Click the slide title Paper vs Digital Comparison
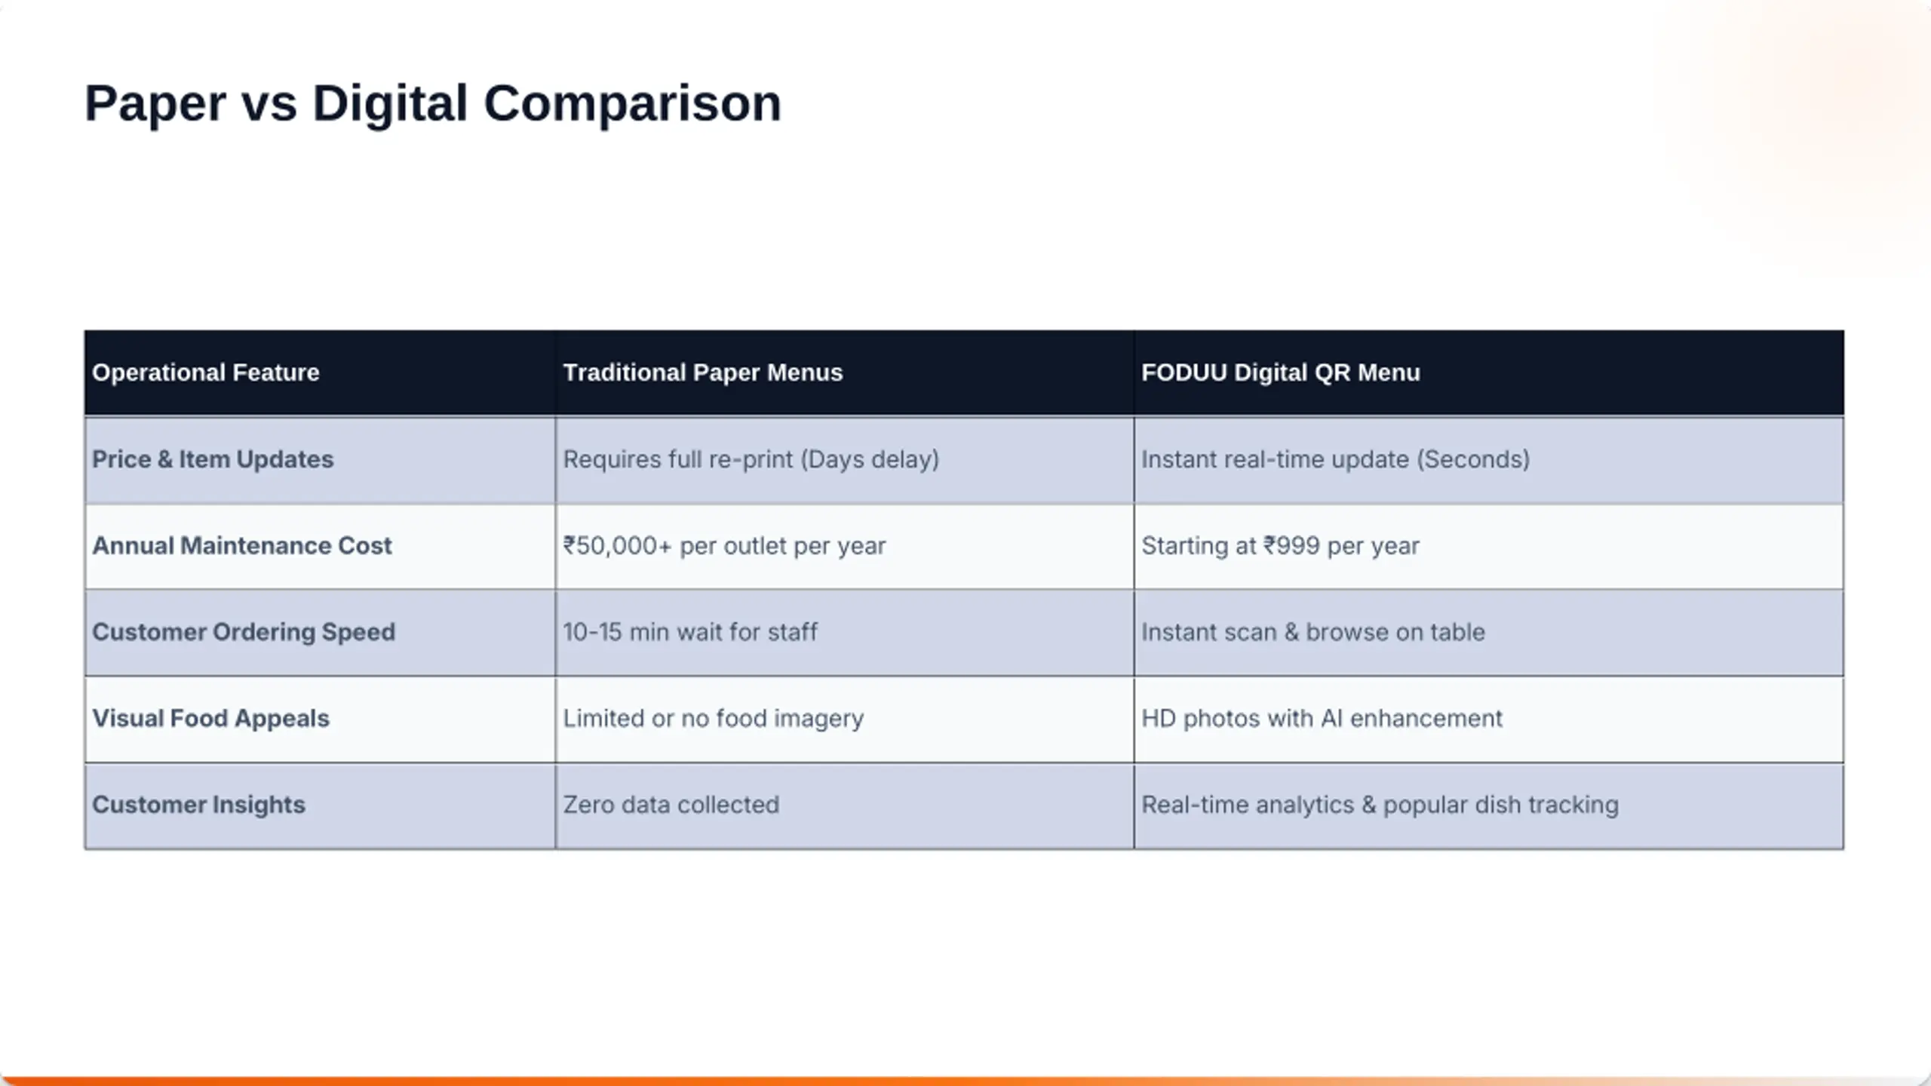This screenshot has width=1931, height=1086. click(x=433, y=104)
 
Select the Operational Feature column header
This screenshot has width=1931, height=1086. click(x=206, y=373)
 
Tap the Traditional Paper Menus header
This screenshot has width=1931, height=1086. click(x=703, y=373)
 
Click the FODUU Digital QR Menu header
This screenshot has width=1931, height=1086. click(x=1281, y=373)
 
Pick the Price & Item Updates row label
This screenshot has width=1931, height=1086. click(x=213, y=459)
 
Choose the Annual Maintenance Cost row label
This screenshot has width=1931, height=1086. click(x=242, y=545)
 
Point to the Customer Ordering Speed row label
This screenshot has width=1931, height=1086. click(x=244, y=632)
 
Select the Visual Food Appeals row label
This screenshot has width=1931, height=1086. click(x=211, y=718)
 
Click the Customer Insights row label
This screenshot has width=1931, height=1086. click(x=199, y=805)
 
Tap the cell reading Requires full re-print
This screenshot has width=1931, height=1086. click(x=751, y=459)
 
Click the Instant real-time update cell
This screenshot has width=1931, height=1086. click(x=1336, y=459)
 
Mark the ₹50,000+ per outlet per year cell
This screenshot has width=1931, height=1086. click(x=725, y=546)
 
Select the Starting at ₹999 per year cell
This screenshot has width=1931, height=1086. click(x=1281, y=546)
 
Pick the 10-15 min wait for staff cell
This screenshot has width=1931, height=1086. click(x=690, y=632)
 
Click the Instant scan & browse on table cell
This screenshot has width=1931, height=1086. click(x=1313, y=632)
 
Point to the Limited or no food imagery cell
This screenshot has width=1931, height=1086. click(x=714, y=719)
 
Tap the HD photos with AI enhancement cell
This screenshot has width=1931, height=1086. click(x=1322, y=719)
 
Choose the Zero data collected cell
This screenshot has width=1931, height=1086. click(x=671, y=805)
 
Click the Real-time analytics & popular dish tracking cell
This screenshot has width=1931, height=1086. click(x=1380, y=805)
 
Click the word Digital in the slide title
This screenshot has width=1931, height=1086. click(x=390, y=104)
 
